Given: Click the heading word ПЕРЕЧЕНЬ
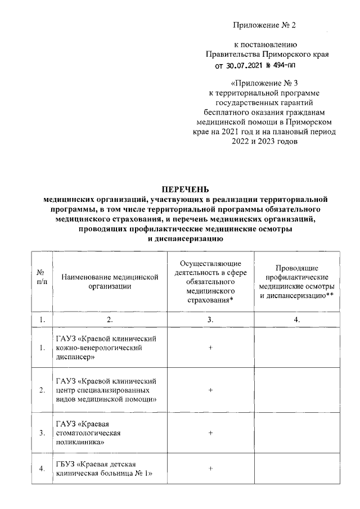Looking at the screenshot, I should (186, 189).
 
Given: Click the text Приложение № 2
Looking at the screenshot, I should (264, 26).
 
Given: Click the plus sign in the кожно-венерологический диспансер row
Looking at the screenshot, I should (210, 348).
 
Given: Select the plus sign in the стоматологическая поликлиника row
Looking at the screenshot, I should (210, 433).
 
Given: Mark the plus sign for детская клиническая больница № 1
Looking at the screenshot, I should (210, 468).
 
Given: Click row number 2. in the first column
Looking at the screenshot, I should (41, 390).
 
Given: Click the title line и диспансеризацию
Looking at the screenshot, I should (186, 238).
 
